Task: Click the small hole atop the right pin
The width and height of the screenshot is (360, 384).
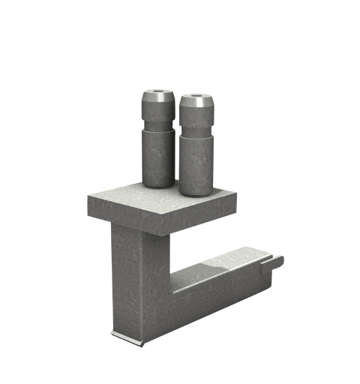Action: point(195,97)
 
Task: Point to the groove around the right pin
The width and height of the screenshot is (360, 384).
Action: point(196,134)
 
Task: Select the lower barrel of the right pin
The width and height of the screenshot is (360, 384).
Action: point(196,165)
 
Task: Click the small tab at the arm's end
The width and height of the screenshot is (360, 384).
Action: point(275,262)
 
